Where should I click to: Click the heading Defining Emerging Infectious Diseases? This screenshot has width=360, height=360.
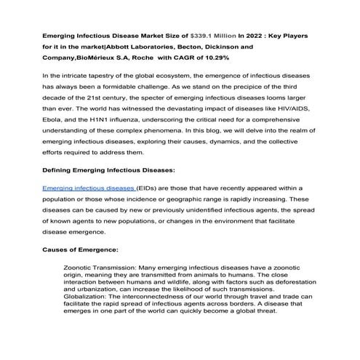coord(109,171)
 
